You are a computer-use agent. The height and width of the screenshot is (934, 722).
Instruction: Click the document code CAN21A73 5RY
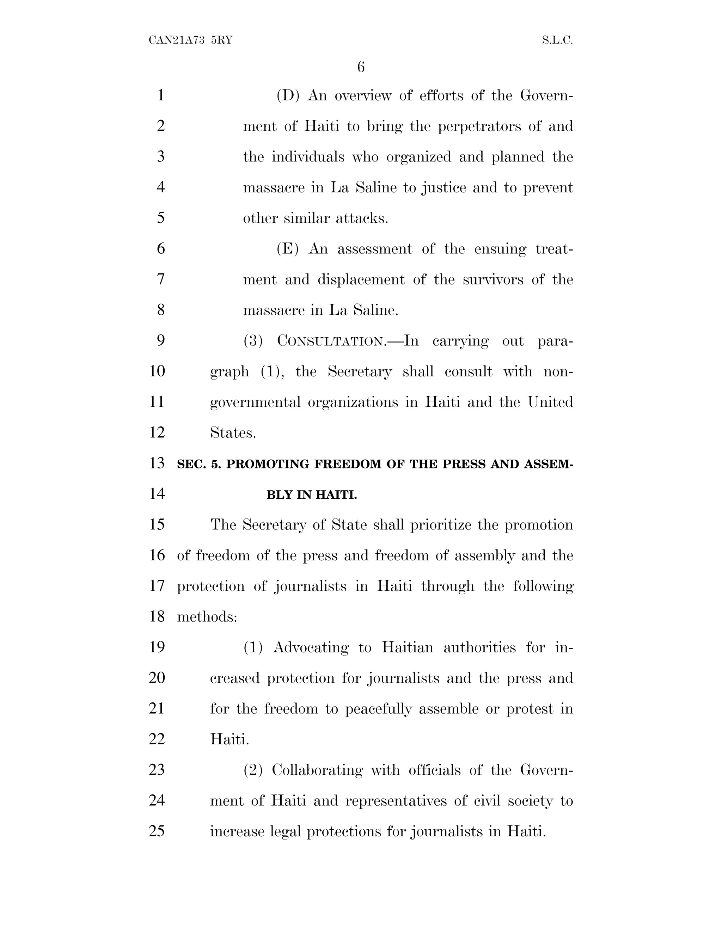tap(190, 41)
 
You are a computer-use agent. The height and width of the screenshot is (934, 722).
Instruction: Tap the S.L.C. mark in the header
tap(557, 41)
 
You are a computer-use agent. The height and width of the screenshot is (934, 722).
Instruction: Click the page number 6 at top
tap(361, 67)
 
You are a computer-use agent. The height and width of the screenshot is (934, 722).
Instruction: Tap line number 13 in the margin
tap(157, 463)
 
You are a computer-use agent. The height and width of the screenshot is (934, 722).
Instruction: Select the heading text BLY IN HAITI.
tap(312, 495)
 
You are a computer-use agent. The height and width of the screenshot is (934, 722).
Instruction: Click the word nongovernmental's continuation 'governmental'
tap(255, 403)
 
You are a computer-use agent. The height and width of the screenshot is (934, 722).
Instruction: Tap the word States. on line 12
tap(233, 433)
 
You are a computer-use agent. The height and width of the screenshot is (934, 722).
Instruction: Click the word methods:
tap(207, 617)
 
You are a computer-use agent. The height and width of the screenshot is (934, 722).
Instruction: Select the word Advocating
tap(311, 648)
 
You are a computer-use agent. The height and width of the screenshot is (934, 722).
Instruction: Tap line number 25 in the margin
tap(157, 831)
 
